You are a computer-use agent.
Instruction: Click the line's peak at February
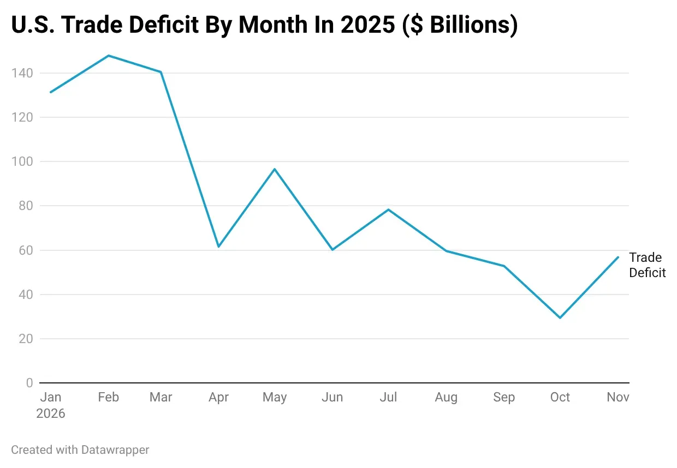click(109, 56)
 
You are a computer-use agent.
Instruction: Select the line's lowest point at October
click(560, 317)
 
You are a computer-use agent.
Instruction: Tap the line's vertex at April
click(218, 247)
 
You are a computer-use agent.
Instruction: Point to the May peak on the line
click(275, 169)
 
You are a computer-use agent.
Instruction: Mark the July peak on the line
click(388, 209)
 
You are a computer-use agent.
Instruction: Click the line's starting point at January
click(51, 92)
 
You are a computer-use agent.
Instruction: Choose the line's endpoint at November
click(618, 257)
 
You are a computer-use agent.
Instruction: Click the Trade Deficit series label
click(647, 265)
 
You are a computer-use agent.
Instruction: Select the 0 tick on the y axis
click(29, 383)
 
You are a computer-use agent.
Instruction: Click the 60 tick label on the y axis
click(25, 250)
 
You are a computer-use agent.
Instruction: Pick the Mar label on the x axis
click(161, 398)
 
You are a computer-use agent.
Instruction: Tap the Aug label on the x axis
click(446, 398)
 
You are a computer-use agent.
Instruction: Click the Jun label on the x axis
click(332, 398)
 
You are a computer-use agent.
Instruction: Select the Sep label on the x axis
click(503, 398)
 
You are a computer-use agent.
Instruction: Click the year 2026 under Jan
click(51, 414)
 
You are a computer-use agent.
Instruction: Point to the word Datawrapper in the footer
click(115, 450)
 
